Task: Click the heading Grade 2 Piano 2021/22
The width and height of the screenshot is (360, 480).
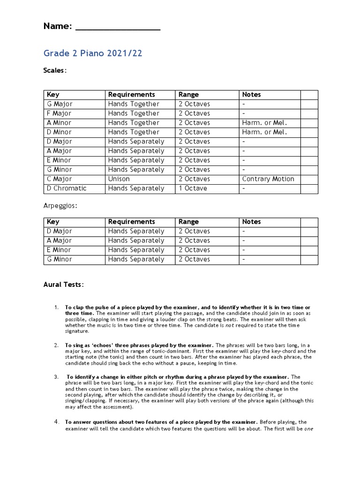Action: pos(93,53)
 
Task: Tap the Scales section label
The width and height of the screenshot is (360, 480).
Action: pos(55,70)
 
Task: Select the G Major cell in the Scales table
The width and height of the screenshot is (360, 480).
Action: pos(60,104)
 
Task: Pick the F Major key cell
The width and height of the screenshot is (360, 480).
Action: pos(59,113)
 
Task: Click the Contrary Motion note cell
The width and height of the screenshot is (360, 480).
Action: pos(268,179)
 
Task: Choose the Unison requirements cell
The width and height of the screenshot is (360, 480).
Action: pos(119,179)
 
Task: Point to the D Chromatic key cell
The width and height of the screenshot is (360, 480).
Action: pos(66,188)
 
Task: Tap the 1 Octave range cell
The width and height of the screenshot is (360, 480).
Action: pos(193,188)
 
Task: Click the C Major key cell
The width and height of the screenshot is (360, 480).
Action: pos(59,179)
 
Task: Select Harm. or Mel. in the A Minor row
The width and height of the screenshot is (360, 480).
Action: pos(264,123)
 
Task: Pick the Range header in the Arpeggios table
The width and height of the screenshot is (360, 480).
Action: pos(188,222)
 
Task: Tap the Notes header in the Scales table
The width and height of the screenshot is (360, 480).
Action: pos(252,95)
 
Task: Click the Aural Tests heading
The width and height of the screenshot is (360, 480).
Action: pos(64,285)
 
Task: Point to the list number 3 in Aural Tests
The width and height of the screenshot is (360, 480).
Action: pos(56,377)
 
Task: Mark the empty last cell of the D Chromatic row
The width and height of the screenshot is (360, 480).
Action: pos(309,188)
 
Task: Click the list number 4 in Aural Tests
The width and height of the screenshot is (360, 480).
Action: pos(56,422)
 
